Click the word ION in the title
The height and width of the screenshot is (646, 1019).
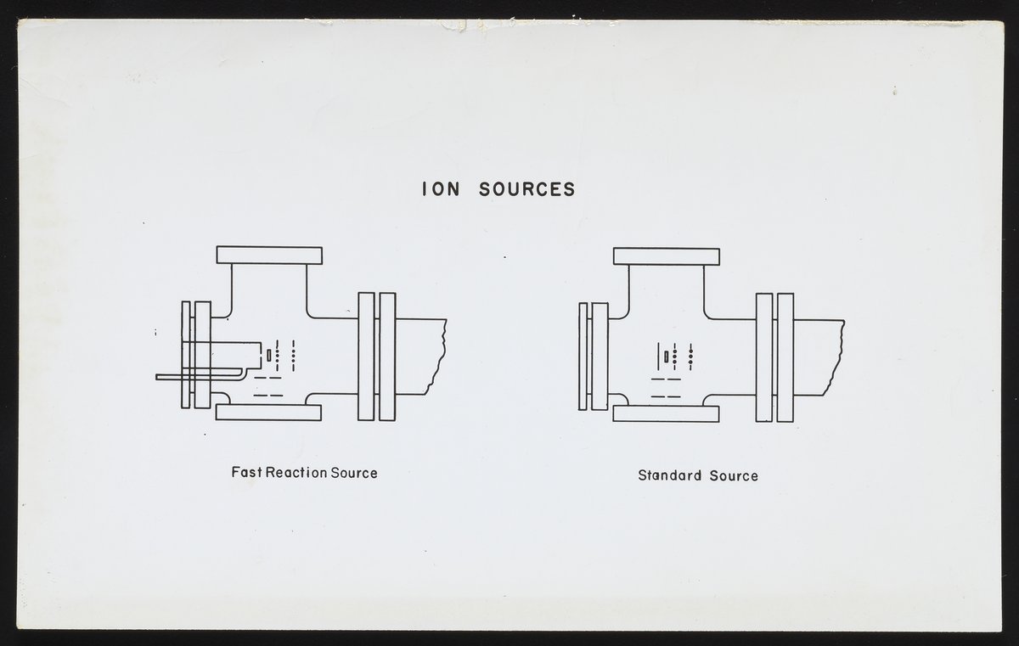click(x=441, y=189)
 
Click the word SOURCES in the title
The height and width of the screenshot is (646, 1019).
click(x=526, y=189)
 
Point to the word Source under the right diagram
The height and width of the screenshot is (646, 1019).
click(x=735, y=475)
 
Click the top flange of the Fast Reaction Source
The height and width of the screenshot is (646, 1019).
click(x=269, y=255)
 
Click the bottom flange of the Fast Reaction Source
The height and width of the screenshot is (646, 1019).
click(x=268, y=413)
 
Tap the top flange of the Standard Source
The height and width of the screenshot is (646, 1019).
click(x=666, y=256)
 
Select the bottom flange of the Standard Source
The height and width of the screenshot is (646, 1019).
click(x=666, y=413)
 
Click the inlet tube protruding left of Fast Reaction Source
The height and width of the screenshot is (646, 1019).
click(x=170, y=376)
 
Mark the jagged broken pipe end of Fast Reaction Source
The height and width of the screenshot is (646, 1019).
click(x=440, y=357)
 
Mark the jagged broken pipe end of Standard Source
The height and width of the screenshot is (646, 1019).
click(x=837, y=357)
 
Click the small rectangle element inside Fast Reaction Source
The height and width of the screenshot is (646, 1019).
click(x=269, y=353)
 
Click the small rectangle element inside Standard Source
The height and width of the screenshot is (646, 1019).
click(x=667, y=355)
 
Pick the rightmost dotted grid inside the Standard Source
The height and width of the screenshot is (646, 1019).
click(x=690, y=355)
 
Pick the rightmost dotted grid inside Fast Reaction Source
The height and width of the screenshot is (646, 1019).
click(x=293, y=355)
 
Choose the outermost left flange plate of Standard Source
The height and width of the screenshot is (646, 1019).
click(x=583, y=357)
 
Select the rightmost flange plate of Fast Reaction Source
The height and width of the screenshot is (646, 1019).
click(x=387, y=357)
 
